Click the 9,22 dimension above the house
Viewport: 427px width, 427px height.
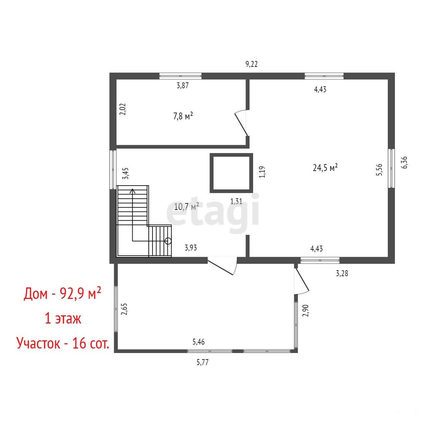point(251,64)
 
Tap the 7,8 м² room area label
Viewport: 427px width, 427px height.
point(183,116)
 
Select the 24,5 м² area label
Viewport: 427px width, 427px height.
point(325,167)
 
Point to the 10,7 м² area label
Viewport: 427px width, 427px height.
point(186,206)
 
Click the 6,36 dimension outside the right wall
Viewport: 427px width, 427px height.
point(404,163)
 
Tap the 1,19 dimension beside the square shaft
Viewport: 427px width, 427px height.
point(262,172)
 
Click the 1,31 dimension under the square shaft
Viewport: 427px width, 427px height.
point(236,201)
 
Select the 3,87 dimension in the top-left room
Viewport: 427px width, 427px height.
point(183,86)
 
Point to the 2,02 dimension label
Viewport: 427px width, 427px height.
point(123,109)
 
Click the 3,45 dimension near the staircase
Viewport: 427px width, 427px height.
point(126,173)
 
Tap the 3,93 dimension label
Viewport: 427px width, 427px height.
point(191,248)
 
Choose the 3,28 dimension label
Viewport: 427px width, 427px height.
point(342,274)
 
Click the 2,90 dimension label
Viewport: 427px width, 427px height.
point(306,311)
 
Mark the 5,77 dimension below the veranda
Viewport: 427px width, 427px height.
point(202,362)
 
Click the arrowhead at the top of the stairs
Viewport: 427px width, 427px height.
point(132,191)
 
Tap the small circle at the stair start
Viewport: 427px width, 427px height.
point(168,241)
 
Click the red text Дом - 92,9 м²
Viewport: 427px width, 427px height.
point(62,294)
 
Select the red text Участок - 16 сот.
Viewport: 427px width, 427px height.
point(63,343)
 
